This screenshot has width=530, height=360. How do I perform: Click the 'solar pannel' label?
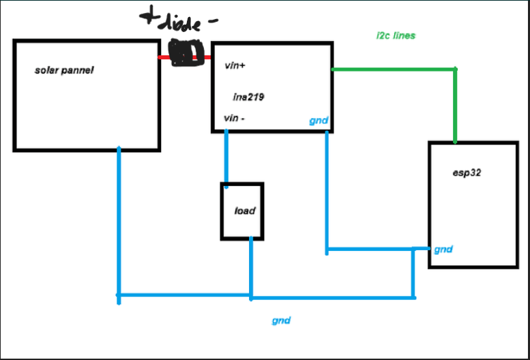[x=64, y=70]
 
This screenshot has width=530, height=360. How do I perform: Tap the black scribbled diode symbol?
[x=187, y=52]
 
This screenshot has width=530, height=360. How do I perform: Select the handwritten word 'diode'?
[x=180, y=24]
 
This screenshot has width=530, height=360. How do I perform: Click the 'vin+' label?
[x=235, y=65]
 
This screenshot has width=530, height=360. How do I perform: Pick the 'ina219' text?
[x=248, y=97]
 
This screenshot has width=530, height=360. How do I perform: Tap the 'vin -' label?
[x=234, y=118]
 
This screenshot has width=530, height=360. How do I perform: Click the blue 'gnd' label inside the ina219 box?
[x=319, y=121]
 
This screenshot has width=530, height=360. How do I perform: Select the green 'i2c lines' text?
[x=396, y=35]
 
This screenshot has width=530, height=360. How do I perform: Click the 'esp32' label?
[x=467, y=172]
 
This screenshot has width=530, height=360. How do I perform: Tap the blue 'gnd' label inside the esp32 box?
[x=443, y=250]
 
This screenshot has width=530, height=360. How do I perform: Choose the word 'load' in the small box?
[x=245, y=211]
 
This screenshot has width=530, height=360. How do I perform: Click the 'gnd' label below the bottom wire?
[x=281, y=320]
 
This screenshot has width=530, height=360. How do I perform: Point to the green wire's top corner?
[x=455, y=70]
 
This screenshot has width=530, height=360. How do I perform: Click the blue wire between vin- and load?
[x=226, y=159]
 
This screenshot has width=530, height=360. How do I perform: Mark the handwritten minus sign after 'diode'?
[x=213, y=20]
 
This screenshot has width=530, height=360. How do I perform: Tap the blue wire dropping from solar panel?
[x=119, y=226]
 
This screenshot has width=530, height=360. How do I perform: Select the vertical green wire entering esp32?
[x=455, y=106]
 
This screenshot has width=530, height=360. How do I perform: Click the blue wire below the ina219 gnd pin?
[x=327, y=193]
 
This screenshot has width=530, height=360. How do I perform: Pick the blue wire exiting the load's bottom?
[x=251, y=269]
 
